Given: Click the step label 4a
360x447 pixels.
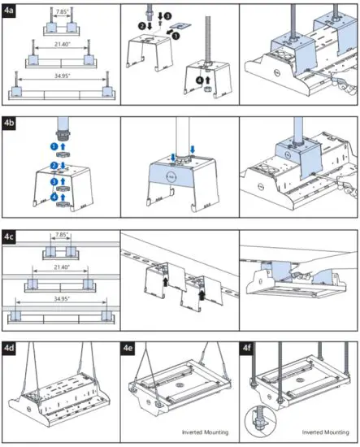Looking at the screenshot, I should [11, 9].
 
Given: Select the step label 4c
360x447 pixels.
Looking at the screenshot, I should [11, 237].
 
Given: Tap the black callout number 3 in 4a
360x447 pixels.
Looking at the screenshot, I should [169, 15].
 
